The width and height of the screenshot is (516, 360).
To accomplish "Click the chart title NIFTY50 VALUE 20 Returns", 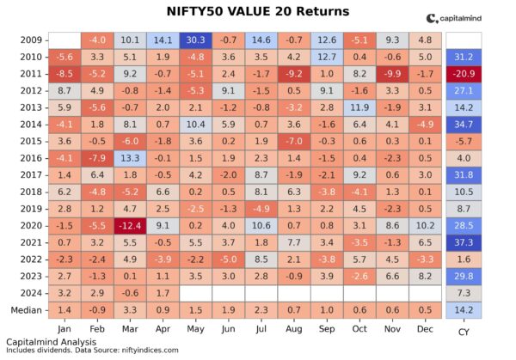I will [x=257, y=11].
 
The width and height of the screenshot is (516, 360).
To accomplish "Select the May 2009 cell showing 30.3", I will [x=196, y=40].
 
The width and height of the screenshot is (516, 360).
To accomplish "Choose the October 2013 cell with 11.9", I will [x=359, y=108].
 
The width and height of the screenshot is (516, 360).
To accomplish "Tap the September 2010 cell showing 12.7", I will [x=326, y=56].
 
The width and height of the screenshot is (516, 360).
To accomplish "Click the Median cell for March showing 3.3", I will [x=131, y=308].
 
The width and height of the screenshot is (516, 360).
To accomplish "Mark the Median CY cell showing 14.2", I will [x=464, y=308].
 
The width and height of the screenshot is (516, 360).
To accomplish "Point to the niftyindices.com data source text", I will [x=150, y=351].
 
